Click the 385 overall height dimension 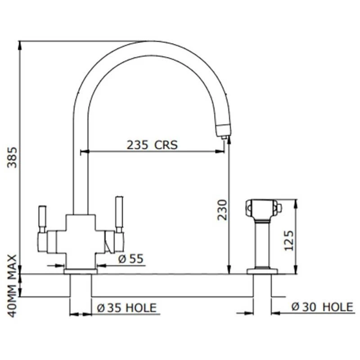click(13, 157)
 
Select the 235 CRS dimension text click(152, 145)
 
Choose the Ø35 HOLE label click(127, 308)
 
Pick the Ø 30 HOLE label click(322, 307)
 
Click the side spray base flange click(262, 271)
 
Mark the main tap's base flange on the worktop click(81, 271)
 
